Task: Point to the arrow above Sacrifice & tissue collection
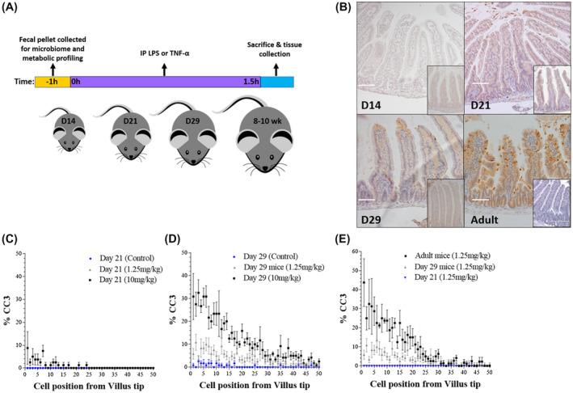[276, 68]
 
